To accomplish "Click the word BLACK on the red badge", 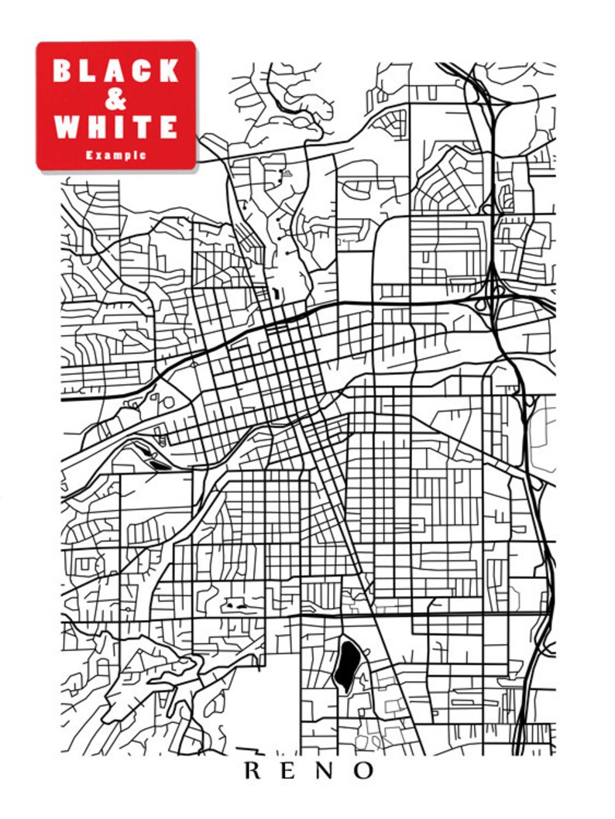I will pos(116,71).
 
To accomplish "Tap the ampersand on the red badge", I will pos(116,99).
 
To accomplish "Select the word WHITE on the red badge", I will pos(116,126).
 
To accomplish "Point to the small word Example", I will pos(116,155).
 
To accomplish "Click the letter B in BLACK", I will pos(61,71).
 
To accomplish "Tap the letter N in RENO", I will pos(326,771).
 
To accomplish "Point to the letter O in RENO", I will pos(364,771).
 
